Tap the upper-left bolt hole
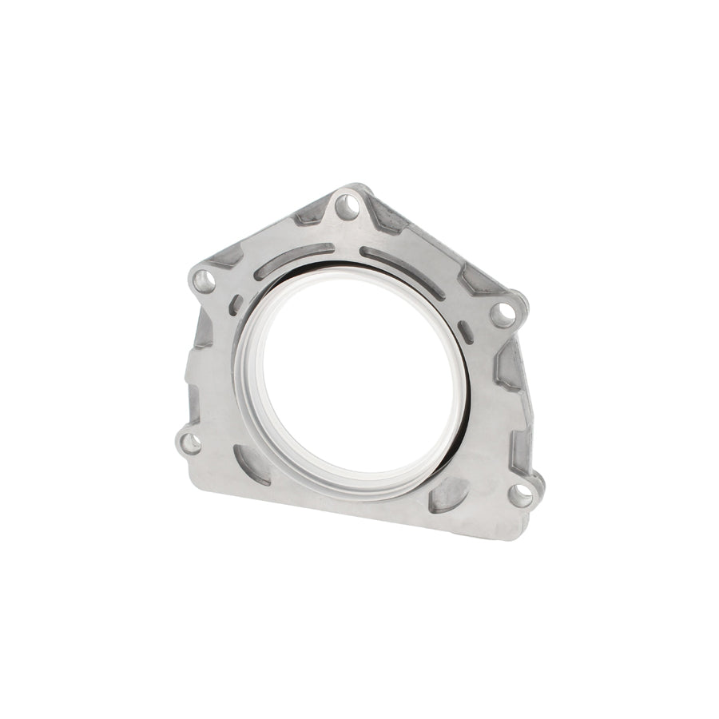[x=205, y=281]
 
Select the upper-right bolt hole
[x=502, y=314]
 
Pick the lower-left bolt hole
[x=190, y=443]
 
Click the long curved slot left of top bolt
[x=293, y=261]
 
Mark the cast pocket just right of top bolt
[x=389, y=219]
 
